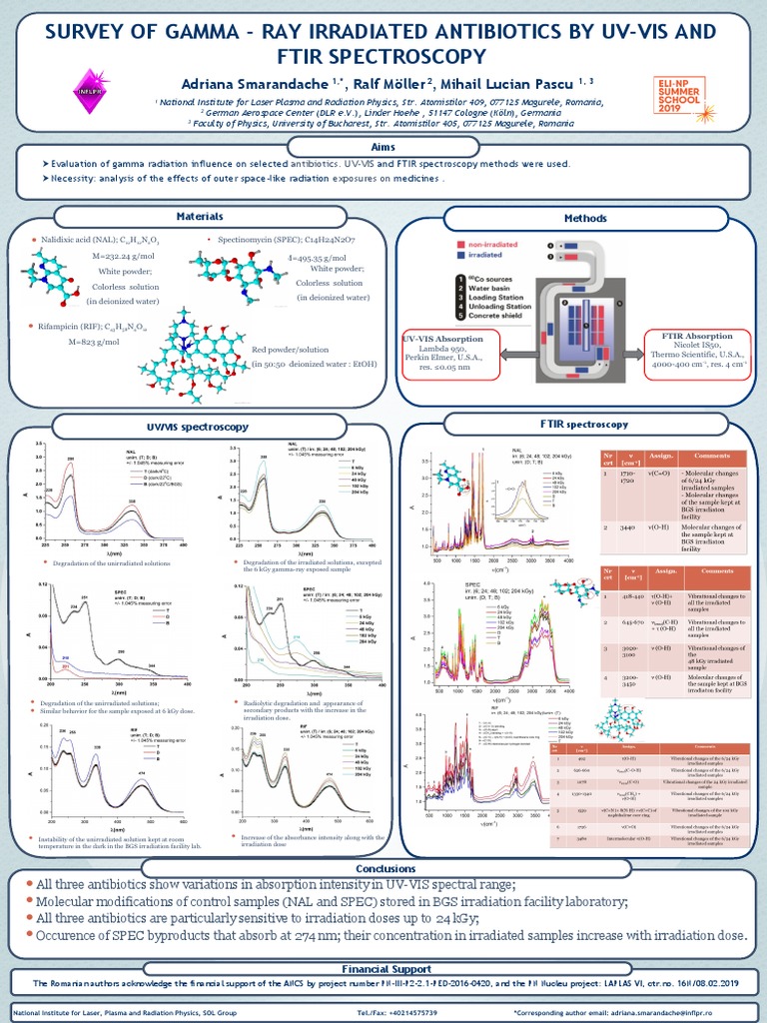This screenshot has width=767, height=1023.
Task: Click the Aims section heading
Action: (383, 147)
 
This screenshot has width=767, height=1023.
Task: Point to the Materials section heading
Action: (200, 216)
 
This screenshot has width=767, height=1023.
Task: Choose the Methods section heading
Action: (585, 217)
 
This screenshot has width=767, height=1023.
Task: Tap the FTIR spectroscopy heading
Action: (584, 425)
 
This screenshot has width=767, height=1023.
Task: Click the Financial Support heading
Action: (383, 968)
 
